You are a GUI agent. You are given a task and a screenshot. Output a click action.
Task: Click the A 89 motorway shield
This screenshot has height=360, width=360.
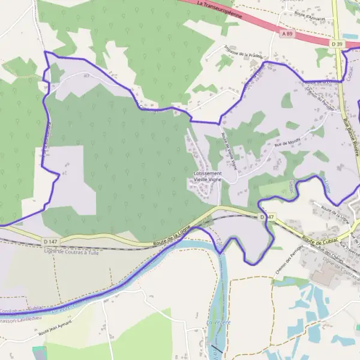click(x=287, y=34)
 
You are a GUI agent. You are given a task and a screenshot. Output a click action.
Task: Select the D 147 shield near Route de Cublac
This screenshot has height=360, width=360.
click(x=267, y=216)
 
